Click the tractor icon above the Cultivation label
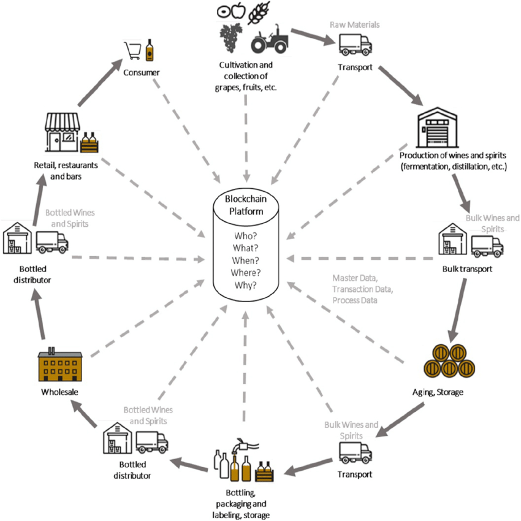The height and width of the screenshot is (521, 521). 270,39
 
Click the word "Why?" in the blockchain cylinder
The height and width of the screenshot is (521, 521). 245,286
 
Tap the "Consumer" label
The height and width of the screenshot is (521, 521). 142,72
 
